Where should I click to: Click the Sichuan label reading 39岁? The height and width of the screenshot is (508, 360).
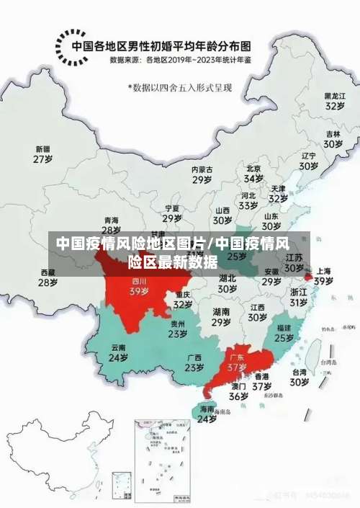coord(139,287)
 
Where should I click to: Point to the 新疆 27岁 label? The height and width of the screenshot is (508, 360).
coord(43,154)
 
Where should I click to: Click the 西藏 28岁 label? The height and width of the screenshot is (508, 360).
coord(48,277)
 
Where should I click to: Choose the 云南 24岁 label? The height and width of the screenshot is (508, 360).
coord(118,352)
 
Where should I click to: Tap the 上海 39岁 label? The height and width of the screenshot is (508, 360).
coord(323,276)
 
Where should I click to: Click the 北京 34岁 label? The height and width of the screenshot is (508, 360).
coord(253,173)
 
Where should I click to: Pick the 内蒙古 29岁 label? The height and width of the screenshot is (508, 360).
coord(202,174)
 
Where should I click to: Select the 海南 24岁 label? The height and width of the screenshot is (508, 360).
coord(207,414)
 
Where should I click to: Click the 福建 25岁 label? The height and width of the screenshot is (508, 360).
coord(284,332)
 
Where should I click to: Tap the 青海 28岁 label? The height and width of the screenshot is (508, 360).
coord(111,225)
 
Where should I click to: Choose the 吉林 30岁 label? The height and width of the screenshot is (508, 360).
coord(332,139)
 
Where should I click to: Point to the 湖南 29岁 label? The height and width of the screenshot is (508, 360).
coord(221,317)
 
